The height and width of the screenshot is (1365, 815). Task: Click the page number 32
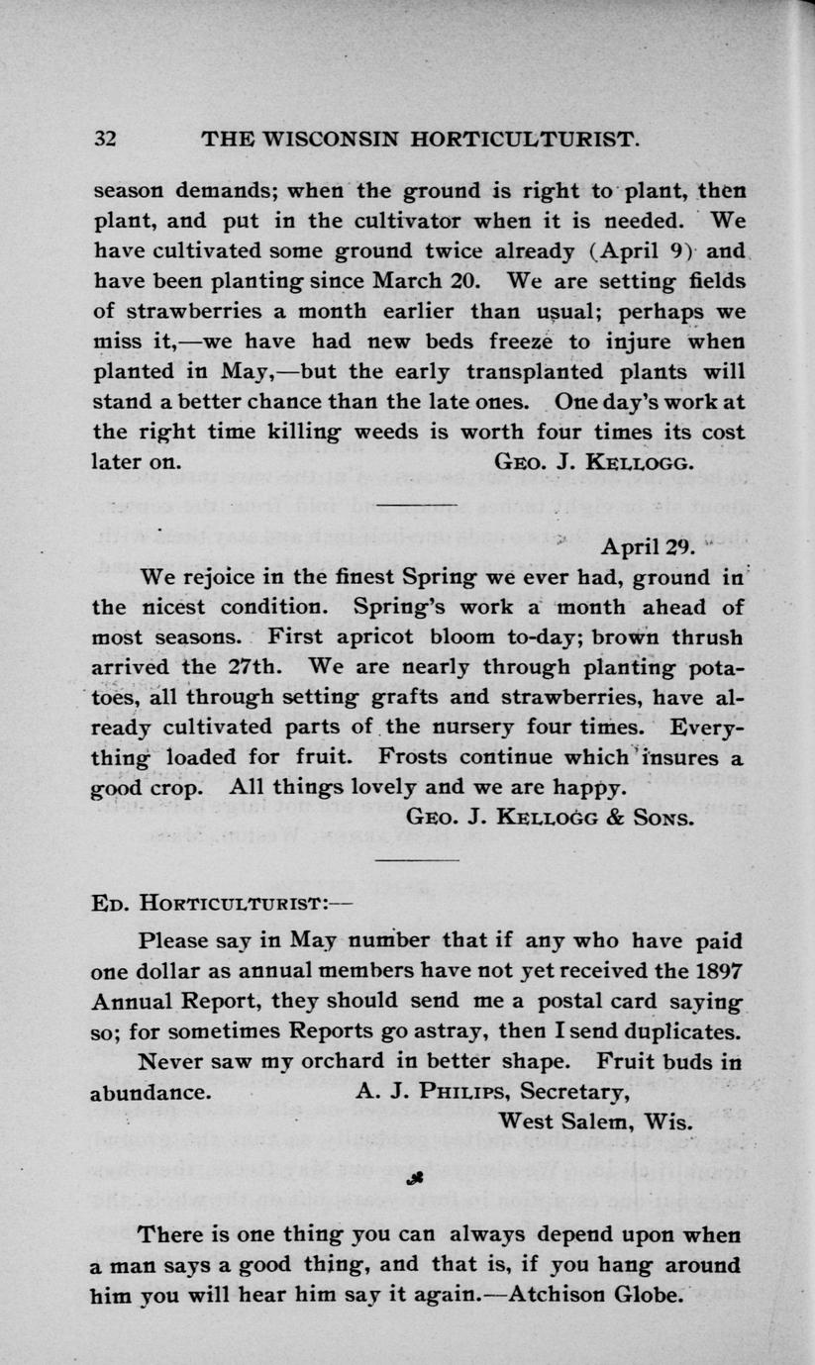click(106, 140)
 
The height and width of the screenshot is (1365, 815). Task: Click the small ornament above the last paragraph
click(408, 1179)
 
